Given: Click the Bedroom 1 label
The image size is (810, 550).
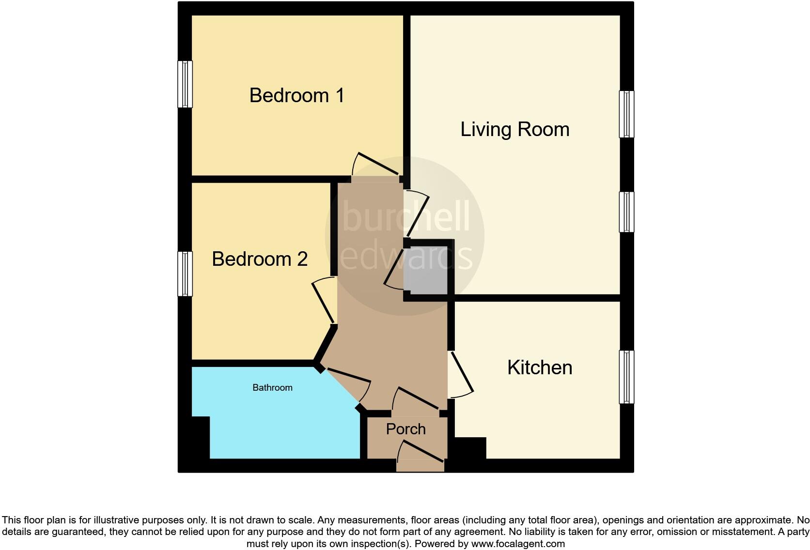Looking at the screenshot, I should pyautogui.click(x=296, y=95).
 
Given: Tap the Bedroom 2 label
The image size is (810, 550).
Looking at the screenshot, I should pyautogui.click(x=260, y=259).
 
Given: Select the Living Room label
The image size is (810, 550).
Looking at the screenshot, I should pyautogui.click(x=514, y=129).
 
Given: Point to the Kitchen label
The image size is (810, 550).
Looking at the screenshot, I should pyautogui.click(x=540, y=367).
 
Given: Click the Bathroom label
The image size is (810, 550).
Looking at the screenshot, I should pyautogui.click(x=272, y=387).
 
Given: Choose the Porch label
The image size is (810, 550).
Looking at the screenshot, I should pyautogui.click(x=405, y=429).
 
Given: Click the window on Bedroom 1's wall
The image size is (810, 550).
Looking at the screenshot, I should pyautogui.click(x=185, y=84).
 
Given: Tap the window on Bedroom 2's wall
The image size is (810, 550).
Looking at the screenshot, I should pyautogui.click(x=185, y=274).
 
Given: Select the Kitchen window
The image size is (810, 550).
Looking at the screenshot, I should pyautogui.click(x=626, y=377).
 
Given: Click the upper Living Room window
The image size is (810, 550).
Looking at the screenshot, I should pyautogui.click(x=626, y=114).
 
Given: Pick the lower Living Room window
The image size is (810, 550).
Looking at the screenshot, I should pyautogui.click(x=626, y=212).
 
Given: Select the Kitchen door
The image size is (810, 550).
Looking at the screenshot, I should pyautogui.click(x=460, y=373).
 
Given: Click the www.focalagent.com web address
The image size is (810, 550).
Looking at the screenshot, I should pyautogui.click(x=517, y=544).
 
